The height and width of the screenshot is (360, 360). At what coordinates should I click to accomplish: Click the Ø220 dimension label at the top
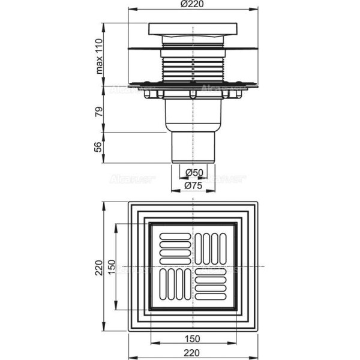tap(193, 6)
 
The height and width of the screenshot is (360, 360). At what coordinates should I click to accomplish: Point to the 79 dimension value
tap(100, 111)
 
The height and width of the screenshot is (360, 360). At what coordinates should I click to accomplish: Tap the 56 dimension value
tap(100, 147)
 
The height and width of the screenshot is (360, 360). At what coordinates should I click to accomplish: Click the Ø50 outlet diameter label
tap(193, 172)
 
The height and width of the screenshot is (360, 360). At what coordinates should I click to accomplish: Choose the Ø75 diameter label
tap(193, 185)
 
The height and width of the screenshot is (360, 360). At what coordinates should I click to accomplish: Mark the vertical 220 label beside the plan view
tap(100, 269)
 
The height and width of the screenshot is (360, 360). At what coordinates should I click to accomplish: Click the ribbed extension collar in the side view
tap(192, 66)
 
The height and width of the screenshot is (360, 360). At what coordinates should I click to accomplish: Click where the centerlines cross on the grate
tap(193, 266)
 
